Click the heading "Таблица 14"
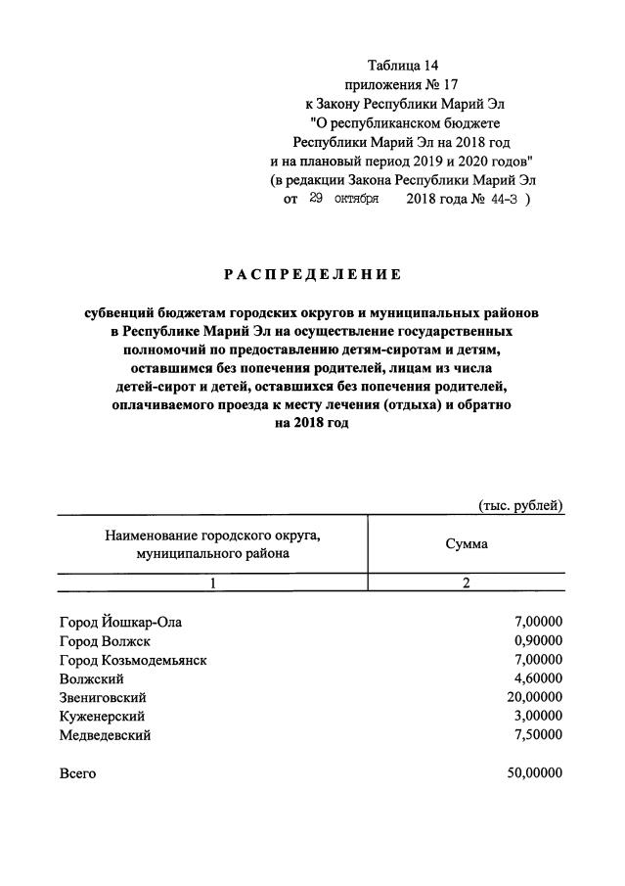[404, 66]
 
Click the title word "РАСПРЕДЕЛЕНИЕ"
[312, 275]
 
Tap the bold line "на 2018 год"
[312, 423]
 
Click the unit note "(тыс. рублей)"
[520, 505]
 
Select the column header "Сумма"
[467, 543]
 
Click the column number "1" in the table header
[212, 583]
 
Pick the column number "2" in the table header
[467, 583]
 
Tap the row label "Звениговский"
[103, 697]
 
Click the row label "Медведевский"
[105, 735]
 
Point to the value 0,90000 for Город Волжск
[538, 641]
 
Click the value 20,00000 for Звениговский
[534, 697]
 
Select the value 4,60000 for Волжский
[538, 678]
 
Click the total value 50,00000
[534, 772]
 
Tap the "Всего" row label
[77, 772]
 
